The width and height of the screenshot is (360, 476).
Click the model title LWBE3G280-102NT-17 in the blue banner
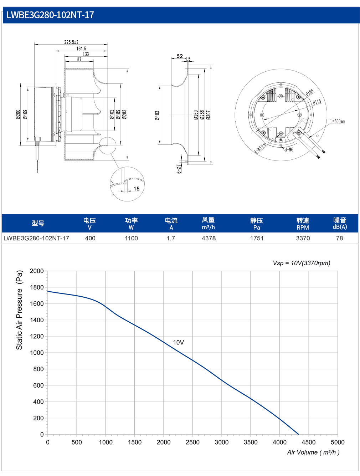point(50,15)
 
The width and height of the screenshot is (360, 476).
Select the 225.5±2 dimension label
point(71,42)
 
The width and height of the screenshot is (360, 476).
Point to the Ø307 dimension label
point(208,115)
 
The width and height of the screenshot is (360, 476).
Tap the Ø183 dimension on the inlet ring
point(157,115)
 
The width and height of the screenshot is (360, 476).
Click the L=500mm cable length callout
point(337,121)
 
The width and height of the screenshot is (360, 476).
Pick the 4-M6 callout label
point(289,149)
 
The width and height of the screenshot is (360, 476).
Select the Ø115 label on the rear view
point(317,102)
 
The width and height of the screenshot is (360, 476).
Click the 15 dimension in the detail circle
point(136,189)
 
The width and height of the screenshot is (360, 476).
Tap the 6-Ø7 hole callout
point(179,169)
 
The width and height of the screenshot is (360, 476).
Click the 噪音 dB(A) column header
point(340,223)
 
